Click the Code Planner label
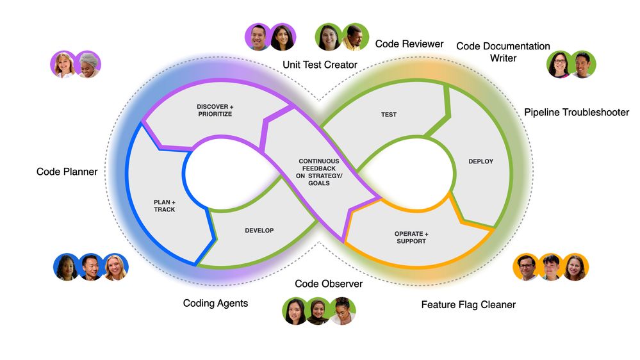pos(67,172)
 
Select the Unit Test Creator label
pos(320,64)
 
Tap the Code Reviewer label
pos(409,44)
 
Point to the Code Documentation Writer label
pos(503,52)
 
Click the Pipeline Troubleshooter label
pos(577,112)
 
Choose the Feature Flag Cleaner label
pos(468,305)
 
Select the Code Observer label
pos(328,284)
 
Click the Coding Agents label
pos(215,303)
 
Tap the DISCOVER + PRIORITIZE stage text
pos(214,110)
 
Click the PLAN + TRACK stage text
pos(164,206)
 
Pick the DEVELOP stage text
pos(259,230)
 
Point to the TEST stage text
pos(389,115)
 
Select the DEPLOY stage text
pos(480,161)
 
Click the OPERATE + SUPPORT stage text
pos(411,237)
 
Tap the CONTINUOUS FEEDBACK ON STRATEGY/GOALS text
pos(318,172)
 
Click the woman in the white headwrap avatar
pos(88,65)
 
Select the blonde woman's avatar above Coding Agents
pos(115,267)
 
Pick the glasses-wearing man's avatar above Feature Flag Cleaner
pos(526,267)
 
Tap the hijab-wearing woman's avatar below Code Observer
pos(318,311)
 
